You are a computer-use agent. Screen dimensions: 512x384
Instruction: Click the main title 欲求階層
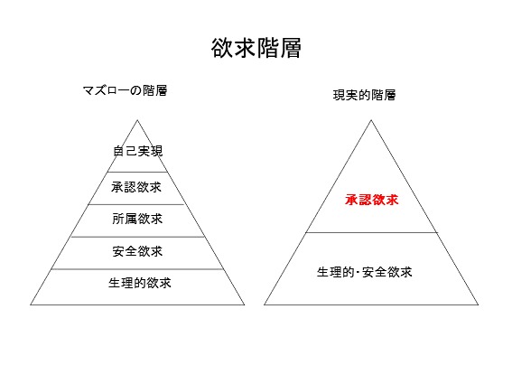pyautogui.click(x=256, y=48)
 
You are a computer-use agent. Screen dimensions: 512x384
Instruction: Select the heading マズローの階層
pyautogui.click(x=125, y=90)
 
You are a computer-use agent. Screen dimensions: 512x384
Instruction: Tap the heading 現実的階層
pyautogui.click(x=365, y=95)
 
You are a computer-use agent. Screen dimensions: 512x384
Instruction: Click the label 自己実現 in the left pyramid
pyautogui.click(x=137, y=151)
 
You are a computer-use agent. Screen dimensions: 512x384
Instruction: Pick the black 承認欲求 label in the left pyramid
pyautogui.click(x=136, y=187)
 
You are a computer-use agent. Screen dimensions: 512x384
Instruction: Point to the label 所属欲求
pyautogui.click(x=137, y=219)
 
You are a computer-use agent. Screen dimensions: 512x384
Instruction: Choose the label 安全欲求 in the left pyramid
pyautogui.click(x=137, y=251)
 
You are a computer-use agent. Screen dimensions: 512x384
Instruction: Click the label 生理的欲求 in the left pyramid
pyautogui.click(x=140, y=283)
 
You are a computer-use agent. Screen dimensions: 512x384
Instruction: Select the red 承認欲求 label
pyautogui.click(x=372, y=200)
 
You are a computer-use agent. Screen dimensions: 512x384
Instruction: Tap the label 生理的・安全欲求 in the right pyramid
pyautogui.click(x=365, y=272)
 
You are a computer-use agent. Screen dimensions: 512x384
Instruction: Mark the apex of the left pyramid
pyautogui.click(x=137, y=120)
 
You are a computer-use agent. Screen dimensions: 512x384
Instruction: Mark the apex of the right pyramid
pyautogui.click(x=371, y=120)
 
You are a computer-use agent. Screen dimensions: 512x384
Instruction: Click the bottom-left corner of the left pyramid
pyautogui.click(x=31, y=304)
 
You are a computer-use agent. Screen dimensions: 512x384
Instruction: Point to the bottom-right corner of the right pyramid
pyautogui.click(x=479, y=304)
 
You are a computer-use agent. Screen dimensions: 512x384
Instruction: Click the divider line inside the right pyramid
pyautogui.click(x=371, y=233)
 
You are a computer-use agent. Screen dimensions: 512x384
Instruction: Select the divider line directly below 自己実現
pyautogui.click(x=137, y=172)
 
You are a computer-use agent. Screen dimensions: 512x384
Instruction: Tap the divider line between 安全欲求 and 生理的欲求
pyautogui.click(x=137, y=269)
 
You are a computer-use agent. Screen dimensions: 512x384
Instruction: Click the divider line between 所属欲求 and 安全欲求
pyautogui.click(x=137, y=237)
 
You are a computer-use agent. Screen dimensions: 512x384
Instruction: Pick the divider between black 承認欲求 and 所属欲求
pyautogui.click(x=136, y=204)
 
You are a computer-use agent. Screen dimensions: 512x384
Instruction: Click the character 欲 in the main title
pyautogui.click(x=222, y=48)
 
